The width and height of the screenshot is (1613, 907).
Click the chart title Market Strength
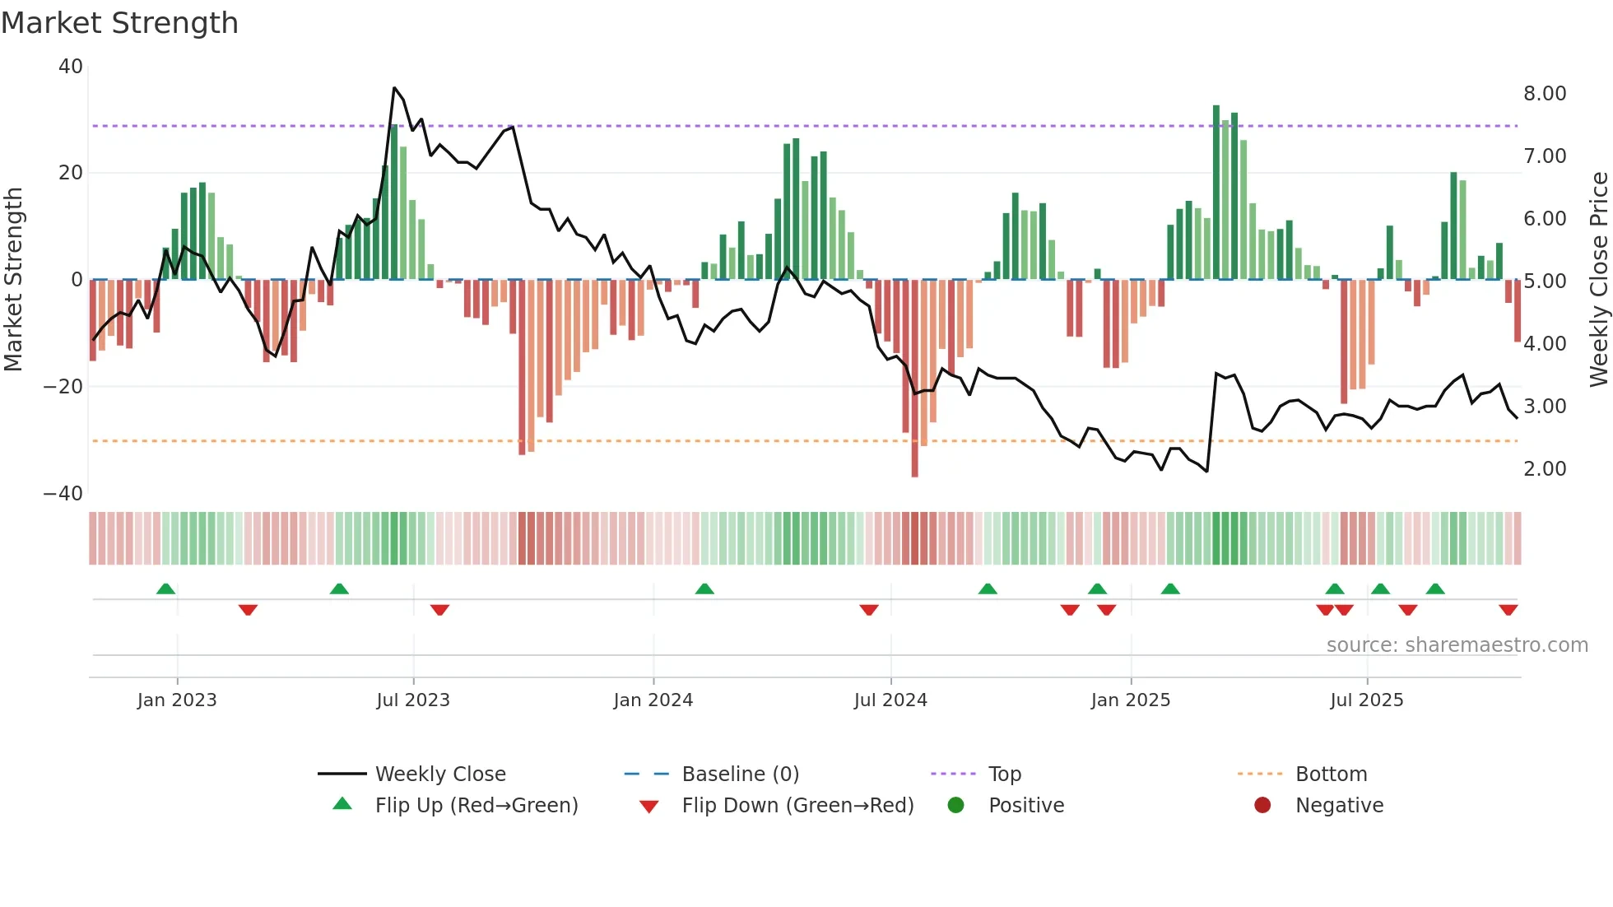coord(119,23)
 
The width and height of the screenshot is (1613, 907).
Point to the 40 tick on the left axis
coord(71,67)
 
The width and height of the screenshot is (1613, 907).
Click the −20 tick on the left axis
coord(64,387)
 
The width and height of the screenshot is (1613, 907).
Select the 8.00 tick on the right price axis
coord(1544,94)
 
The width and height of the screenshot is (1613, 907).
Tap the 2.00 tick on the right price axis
coord(1544,469)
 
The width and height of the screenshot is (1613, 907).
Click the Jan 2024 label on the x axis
coord(653,700)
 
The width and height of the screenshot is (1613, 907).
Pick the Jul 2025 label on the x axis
coord(1366,700)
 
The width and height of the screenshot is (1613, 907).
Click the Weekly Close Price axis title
coord(1598,280)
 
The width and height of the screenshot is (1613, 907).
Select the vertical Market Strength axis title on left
coord(13,280)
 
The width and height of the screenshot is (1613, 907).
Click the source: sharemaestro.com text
coord(1457,645)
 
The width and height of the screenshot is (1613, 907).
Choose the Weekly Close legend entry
coord(440,774)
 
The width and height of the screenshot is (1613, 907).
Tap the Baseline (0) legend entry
coord(740,774)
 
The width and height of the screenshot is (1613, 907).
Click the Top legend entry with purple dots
coord(1004,774)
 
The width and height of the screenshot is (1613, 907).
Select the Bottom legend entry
coord(1331,774)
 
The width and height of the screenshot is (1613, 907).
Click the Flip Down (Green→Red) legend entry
coord(797,806)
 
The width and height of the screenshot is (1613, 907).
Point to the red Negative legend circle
coord(1262,806)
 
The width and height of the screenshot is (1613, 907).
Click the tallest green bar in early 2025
coord(1216,192)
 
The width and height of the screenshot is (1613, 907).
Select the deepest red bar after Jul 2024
coord(914,379)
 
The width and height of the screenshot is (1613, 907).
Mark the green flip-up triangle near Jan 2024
coord(704,589)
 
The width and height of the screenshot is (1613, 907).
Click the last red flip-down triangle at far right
coord(1508,610)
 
